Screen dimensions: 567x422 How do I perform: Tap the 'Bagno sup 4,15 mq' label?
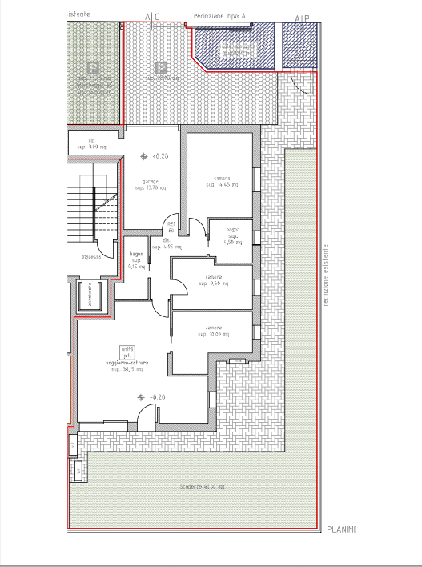136,261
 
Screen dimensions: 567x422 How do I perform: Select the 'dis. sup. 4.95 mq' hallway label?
169,244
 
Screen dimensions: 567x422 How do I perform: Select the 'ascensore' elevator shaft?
90,296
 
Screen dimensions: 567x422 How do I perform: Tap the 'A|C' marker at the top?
151,17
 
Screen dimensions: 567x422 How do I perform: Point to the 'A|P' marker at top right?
302,18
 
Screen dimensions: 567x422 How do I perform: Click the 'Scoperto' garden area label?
202,487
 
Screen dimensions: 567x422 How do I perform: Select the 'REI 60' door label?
171,227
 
